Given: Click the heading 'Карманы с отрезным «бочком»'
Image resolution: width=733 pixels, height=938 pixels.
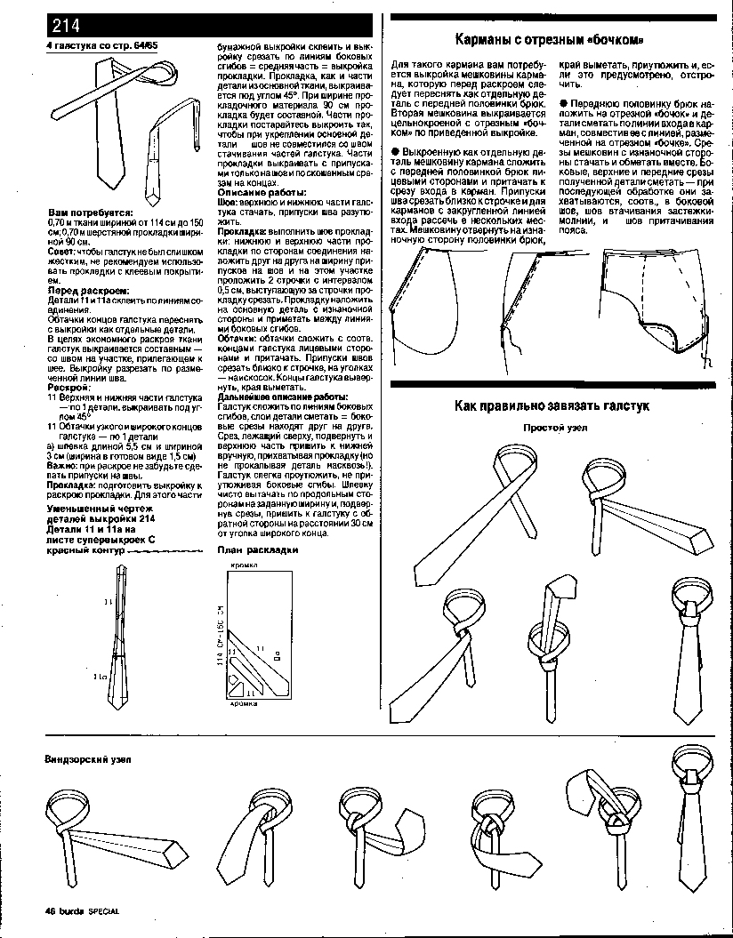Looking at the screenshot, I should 548,39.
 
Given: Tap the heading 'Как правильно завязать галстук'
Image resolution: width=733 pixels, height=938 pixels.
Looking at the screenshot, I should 552,405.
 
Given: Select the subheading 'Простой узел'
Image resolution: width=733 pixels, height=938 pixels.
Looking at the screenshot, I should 555,428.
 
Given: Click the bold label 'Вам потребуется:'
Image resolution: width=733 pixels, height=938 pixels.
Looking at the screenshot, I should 90,213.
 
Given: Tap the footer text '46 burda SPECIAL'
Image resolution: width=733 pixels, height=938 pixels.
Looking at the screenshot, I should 82,910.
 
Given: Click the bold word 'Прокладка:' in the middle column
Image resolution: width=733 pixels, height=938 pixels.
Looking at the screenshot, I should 240,230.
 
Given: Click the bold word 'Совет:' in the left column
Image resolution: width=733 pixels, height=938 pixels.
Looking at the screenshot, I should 61,252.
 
